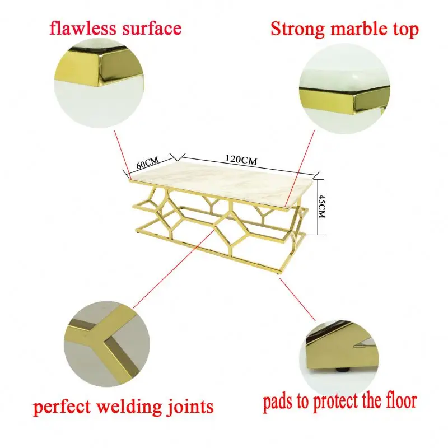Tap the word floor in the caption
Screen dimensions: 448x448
click(x=398, y=400)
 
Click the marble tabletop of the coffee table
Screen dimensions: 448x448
click(x=224, y=182)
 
